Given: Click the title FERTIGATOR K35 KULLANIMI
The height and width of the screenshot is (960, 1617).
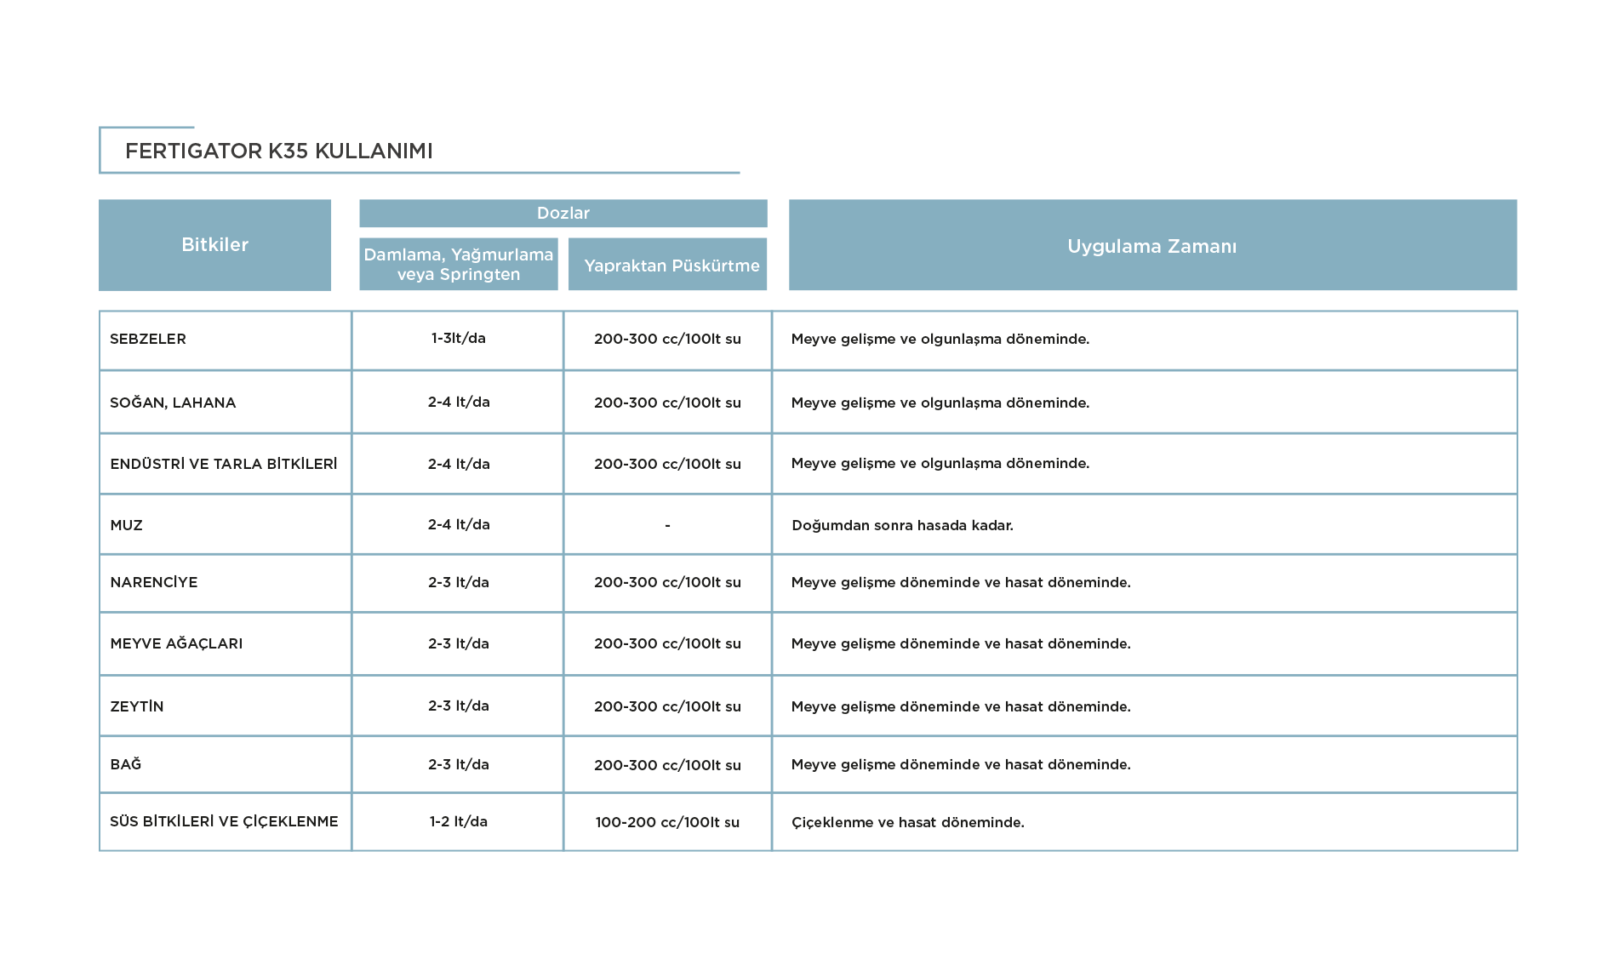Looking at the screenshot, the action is pyautogui.click(x=279, y=151).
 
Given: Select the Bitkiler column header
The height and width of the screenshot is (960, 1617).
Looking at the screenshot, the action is pyautogui.click(x=214, y=245).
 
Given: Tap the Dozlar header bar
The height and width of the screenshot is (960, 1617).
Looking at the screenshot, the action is pyautogui.click(x=563, y=214).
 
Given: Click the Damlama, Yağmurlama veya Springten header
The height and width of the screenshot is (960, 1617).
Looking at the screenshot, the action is pyautogui.click(x=459, y=264).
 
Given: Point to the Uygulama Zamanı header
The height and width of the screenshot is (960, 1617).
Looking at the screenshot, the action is pyautogui.click(x=1152, y=245).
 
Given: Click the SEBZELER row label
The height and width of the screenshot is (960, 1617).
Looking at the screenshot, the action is pyautogui.click(x=148, y=339).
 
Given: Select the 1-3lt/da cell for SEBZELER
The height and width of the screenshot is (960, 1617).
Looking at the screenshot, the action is pyautogui.click(x=459, y=338).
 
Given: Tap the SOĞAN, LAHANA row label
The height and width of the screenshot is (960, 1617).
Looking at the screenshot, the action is pyautogui.click(x=173, y=403).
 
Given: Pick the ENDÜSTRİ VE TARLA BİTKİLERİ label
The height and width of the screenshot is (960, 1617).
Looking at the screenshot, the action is pyautogui.click(x=224, y=464).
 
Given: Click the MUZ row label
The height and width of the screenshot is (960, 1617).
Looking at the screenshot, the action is pyautogui.click(x=127, y=525).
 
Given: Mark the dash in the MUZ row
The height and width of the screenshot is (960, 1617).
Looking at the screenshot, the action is pyautogui.click(x=667, y=526).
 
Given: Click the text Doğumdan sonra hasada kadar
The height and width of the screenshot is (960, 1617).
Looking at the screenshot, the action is pyautogui.click(x=902, y=525).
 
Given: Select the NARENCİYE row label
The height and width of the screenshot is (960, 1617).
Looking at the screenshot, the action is pyautogui.click(x=154, y=582).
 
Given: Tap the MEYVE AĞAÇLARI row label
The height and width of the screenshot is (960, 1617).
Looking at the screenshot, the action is pyautogui.click(x=176, y=643).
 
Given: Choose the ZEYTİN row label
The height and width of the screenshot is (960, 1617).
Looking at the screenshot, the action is pyautogui.click(x=137, y=706).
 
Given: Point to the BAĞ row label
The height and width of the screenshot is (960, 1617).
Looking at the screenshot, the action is pyautogui.click(x=126, y=764).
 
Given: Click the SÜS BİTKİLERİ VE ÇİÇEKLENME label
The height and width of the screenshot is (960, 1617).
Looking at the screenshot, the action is pyautogui.click(x=224, y=821).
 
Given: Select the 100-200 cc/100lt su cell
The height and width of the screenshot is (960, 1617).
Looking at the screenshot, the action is pyautogui.click(x=667, y=822).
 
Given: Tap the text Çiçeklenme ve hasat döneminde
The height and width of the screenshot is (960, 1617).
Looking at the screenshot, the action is pyautogui.click(x=908, y=822).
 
